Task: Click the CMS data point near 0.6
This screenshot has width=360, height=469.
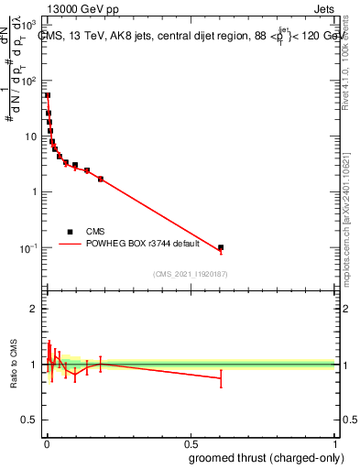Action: [x=221, y=247]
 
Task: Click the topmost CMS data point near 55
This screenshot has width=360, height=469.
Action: [x=48, y=95]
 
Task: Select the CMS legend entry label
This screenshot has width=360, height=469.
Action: [x=96, y=232]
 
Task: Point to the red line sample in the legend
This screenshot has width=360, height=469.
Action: [x=70, y=245]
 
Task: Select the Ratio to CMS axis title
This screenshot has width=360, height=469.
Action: [x=14, y=365]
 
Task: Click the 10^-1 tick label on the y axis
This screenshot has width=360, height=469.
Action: [x=30, y=248]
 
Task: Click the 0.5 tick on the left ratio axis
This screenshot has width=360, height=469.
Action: [x=32, y=420]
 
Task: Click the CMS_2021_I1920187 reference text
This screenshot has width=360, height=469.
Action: [x=190, y=274]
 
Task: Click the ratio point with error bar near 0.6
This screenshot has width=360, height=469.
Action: [x=221, y=378]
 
